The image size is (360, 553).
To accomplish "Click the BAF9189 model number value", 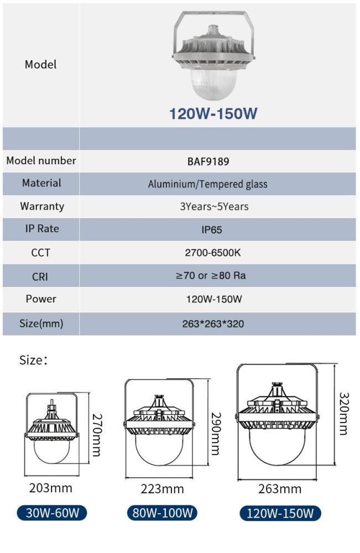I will [x=207, y=162].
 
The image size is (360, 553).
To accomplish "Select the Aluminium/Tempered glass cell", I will [x=207, y=184].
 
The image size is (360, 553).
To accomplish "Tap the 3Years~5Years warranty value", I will [x=214, y=207].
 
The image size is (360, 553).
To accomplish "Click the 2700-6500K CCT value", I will [x=213, y=253].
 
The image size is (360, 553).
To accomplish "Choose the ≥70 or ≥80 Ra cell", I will [x=214, y=275].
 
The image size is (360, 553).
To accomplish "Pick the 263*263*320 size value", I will [x=213, y=324].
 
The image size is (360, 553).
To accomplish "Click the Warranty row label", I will [x=41, y=206].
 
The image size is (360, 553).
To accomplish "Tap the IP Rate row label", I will [x=41, y=228].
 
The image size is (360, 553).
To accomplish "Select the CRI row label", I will [x=40, y=276].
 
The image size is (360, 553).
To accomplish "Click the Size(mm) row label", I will [x=41, y=324].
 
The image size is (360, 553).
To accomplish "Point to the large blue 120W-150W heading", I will [x=213, y=114].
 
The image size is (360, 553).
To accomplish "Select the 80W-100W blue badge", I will [x=161, y=513].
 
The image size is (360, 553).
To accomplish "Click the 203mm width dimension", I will [x=50, y=488].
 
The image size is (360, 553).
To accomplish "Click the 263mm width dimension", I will [x=280, y=488].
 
